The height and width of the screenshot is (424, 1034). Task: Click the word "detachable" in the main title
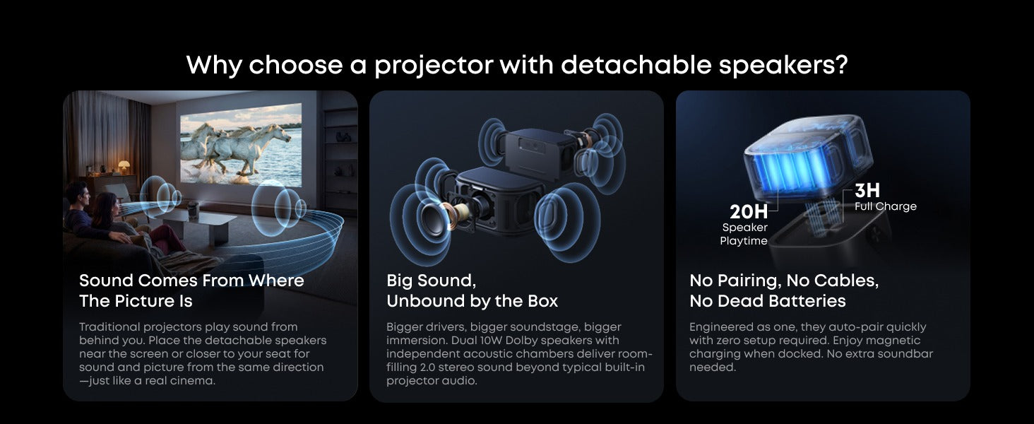click(636, 64)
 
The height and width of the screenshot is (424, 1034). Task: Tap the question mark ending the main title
click(841, 64)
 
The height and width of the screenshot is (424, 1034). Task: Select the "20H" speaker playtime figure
click(748, 212)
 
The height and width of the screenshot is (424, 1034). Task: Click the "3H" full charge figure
click(867, 190)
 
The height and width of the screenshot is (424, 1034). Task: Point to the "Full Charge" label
click(886, 206)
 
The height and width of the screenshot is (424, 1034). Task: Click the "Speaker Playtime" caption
click(744, 234)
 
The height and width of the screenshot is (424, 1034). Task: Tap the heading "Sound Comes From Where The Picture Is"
click(191, 290)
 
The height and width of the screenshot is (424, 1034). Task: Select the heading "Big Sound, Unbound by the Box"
click(473, 290)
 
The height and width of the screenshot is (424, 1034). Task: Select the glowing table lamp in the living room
click(124, 166)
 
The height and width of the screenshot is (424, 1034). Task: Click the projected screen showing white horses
click(241, 144)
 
